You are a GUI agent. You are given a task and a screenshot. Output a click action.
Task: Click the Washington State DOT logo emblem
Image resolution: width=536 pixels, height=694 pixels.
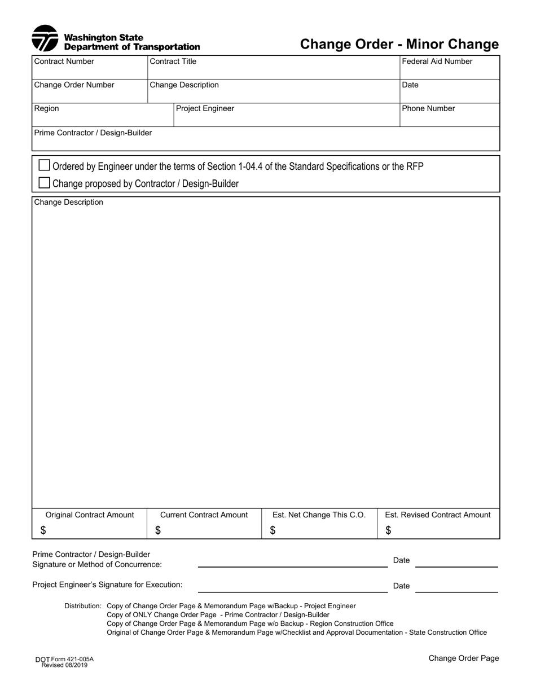pos(45,38)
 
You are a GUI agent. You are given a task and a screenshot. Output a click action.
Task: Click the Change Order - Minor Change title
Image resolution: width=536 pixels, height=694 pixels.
pos(399,44)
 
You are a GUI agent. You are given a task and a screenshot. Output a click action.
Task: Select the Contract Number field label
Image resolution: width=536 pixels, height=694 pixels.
pos(64,62)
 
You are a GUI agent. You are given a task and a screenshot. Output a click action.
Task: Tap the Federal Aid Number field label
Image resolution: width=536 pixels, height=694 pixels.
pos(437,62)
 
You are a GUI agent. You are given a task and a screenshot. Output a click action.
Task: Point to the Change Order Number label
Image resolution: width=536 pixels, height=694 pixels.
pos(74,85)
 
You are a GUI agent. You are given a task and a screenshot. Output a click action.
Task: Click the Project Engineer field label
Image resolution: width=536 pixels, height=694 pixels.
pos(205,108)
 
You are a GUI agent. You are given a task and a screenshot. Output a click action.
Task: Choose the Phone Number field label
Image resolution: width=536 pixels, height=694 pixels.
pos(429,108)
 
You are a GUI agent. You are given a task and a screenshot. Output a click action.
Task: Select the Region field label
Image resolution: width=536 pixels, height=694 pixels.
pos(47,108)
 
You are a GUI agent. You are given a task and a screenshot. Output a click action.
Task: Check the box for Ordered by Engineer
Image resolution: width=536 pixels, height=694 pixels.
pos(44,165)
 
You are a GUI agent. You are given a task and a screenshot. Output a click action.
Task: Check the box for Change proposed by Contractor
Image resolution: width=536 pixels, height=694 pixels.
pos(44,183)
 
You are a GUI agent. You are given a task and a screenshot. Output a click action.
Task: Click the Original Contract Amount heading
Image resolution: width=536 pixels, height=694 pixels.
pos(90,515)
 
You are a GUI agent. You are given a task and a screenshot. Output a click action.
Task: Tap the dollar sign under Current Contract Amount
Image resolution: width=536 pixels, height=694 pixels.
pos(158,530)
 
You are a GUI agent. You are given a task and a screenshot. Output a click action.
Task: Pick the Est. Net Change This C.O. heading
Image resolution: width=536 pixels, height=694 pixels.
pos(319,515)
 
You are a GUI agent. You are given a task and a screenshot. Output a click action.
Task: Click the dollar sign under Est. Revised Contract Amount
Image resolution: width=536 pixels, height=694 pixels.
pos(388,530)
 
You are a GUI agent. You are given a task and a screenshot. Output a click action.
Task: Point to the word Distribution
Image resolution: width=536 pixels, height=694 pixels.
pos(83,606)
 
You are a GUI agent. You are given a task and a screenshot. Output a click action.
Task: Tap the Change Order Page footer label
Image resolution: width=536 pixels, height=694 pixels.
pos(463,658)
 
